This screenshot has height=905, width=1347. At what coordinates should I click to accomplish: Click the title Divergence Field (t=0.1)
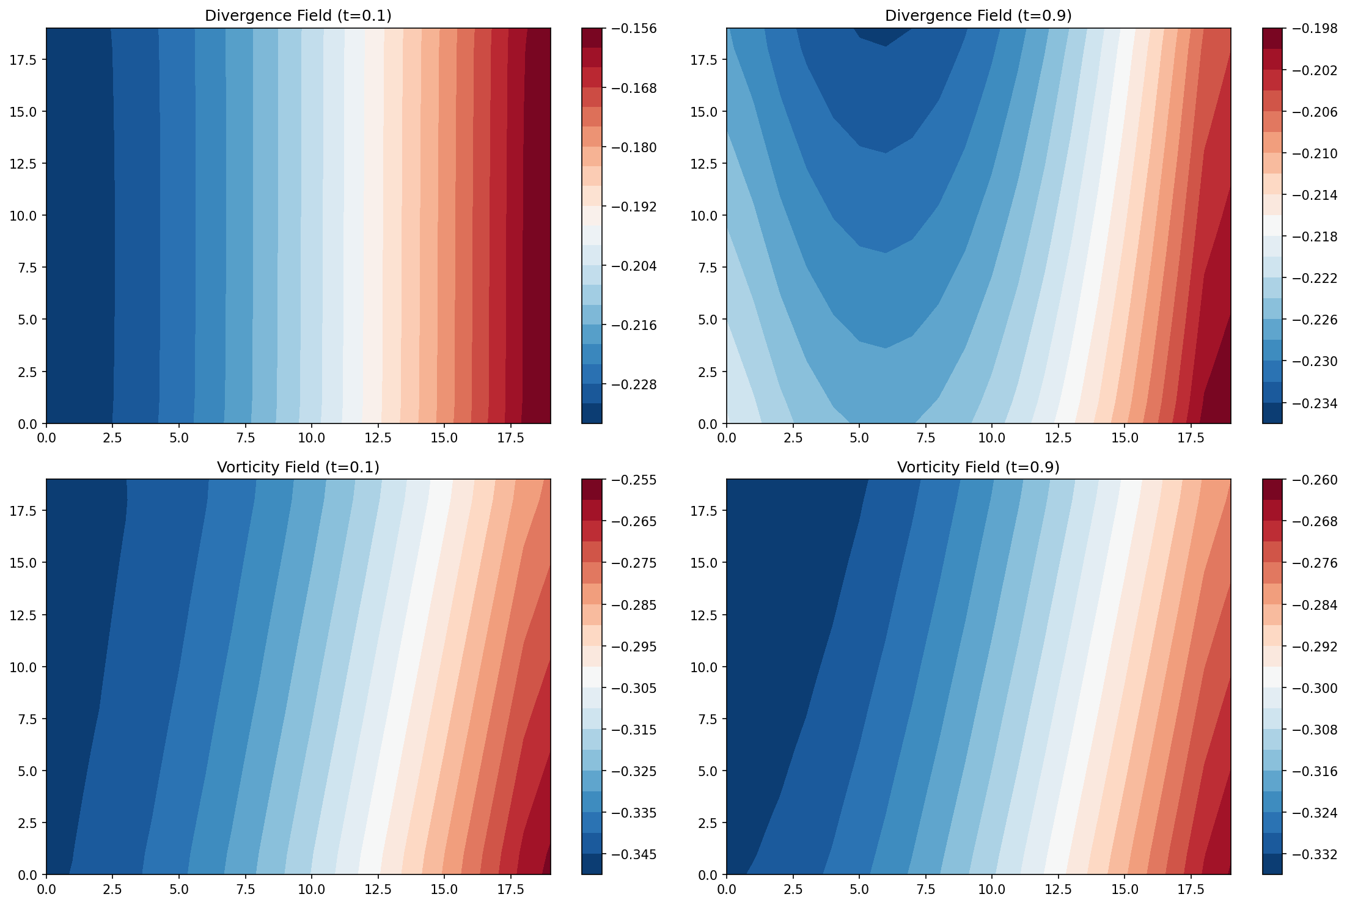coord(298,16)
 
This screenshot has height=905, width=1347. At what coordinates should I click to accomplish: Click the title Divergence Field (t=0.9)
coord(978,16)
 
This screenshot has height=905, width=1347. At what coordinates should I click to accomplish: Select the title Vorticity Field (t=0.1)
coord(298,467)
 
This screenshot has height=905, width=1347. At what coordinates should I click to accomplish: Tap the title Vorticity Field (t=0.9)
coord(978,467)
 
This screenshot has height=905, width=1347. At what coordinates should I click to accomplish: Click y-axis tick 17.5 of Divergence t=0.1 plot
coord(23,60)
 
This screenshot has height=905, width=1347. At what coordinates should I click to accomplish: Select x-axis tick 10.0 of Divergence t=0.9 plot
coord(991,438)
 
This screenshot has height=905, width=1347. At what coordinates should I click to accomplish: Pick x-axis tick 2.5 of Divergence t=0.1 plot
coord(112,438)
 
